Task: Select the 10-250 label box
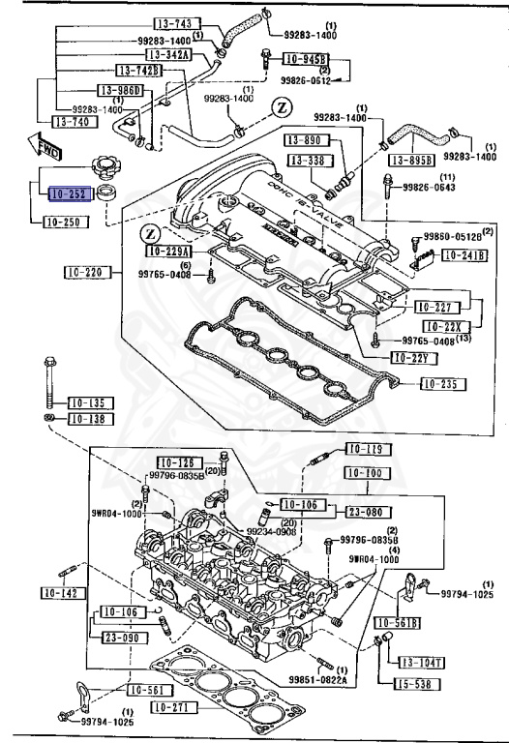(68, 222)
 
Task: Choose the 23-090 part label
(114, 638)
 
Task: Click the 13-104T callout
(422, 663)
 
